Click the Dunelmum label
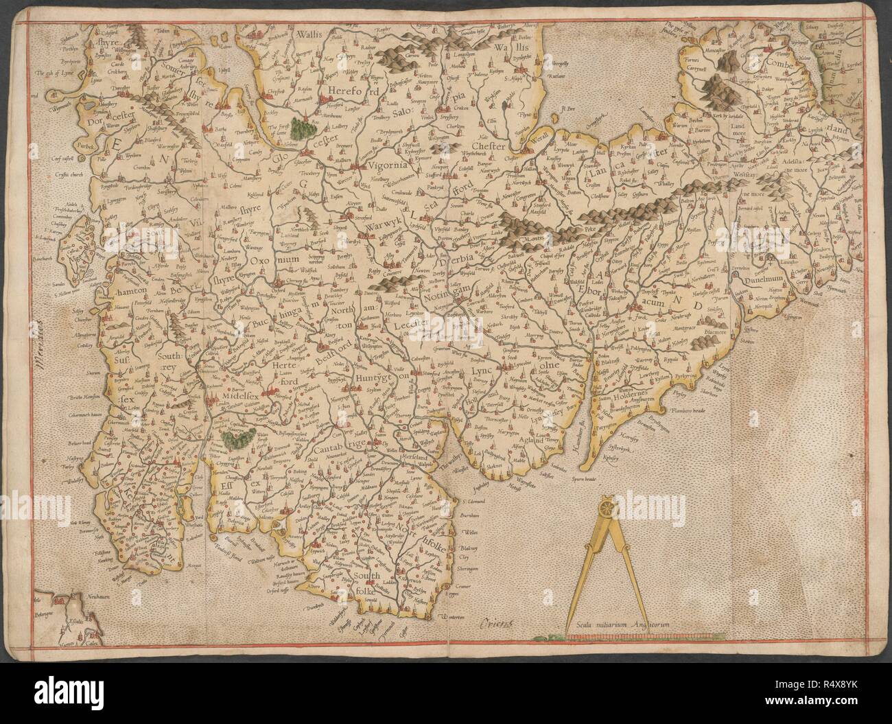[755, 281]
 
